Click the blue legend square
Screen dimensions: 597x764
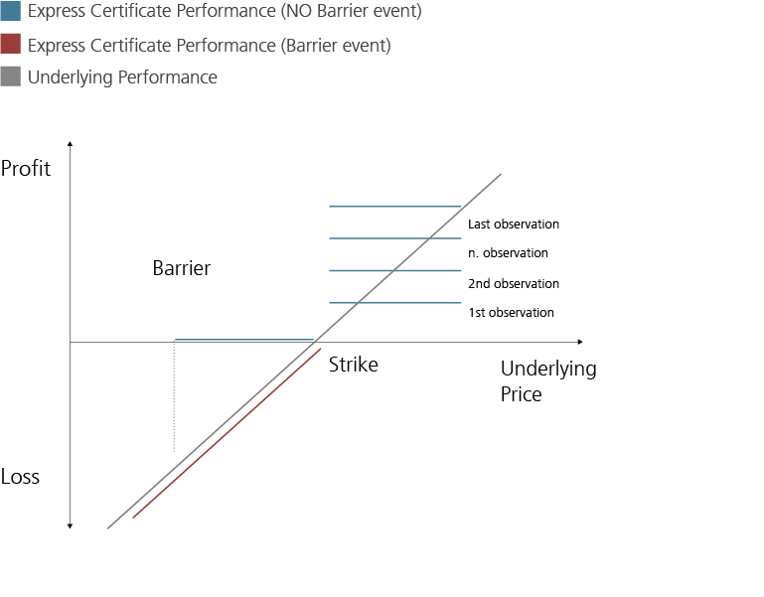pyautogui.click(x=11, y=12)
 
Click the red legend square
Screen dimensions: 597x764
pyautogui.click(x=11, y=45)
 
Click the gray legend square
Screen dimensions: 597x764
pyautogui.click(x=11, y=76)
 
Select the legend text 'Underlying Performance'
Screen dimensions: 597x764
pyautogui.click(x=122, y=77)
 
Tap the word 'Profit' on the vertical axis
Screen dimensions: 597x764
pyautogui.click(x=26, y=168)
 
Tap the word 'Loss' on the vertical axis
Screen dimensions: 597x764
pyautogui.click(x=21, y=477)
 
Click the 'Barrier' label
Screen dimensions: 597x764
pyautogui.click(x=182, y=268)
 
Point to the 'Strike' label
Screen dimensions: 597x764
pyautogui.click(x=354, y=365)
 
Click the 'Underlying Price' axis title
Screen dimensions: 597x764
pyautogui.click(x=547, y=381)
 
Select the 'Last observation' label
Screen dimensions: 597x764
pyautogui.click(x=514, y=224)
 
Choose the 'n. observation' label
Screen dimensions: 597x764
pyautogui.click(x=508, y=253)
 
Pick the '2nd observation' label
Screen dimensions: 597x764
pyautogui.click(x=514, y=284)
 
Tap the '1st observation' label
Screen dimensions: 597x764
pyautogui.click(x=511, y=313)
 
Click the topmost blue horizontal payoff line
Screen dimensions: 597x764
pyautogui.click(x=394, y=207)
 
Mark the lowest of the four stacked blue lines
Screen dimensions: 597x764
pyautogui.click(x=394, y=302)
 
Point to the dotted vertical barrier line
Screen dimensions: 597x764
pyautogui.click(x=174, y=397)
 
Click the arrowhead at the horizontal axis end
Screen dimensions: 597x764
pyautogui.click(x=579, y=342)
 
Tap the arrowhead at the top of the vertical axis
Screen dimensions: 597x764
pyautogui.click(x=71, y=145)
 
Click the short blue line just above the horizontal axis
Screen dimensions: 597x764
pyautogui.click(x=243, y=340)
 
